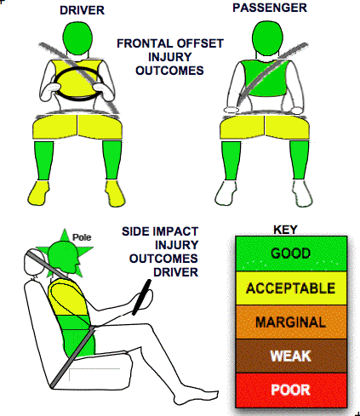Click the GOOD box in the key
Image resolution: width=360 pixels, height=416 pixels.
(291, 254)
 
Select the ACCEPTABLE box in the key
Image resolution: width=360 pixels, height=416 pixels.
(291, 288)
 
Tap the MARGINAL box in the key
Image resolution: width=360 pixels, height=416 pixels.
(291, 322)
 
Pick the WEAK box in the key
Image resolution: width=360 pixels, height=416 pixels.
(291, 356)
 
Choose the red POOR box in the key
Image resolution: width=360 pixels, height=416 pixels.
(291, 390)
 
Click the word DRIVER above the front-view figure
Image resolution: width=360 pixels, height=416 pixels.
(82, 10)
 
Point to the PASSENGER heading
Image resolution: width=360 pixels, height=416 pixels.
(270, 8)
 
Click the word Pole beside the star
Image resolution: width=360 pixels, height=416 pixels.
(82, 237)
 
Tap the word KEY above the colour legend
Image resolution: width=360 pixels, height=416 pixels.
(285, 230)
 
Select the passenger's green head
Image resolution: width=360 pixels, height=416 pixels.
(267, 38)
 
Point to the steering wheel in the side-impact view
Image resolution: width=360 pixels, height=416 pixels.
(141, 297)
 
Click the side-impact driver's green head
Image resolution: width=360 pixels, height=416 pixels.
(63, 259)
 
